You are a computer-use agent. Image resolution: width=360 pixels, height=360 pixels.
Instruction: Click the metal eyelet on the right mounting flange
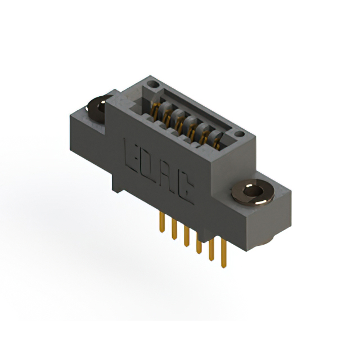pos(253,192)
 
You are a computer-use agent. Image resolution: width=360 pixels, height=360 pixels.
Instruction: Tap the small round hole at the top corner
pos(153,84)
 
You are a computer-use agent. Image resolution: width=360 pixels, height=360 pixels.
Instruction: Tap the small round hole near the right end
pos(240,134)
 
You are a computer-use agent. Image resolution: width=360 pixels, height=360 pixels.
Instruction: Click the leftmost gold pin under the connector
pos(162,222)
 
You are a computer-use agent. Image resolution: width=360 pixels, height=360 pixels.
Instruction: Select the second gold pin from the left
pos(174,229)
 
